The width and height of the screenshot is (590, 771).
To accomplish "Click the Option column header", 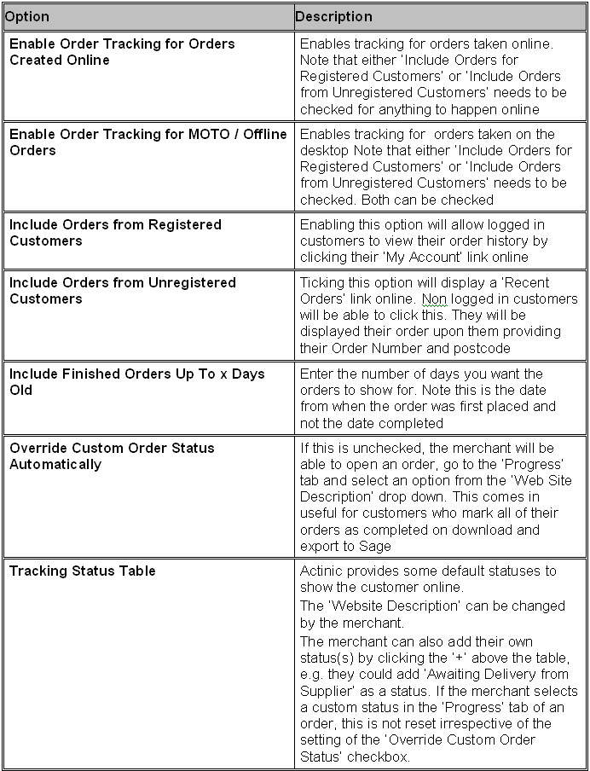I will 27,16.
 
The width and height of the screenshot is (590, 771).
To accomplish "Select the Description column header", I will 333,16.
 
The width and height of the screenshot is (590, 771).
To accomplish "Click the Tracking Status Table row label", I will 83,571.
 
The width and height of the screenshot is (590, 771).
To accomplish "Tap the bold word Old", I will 21,390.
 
